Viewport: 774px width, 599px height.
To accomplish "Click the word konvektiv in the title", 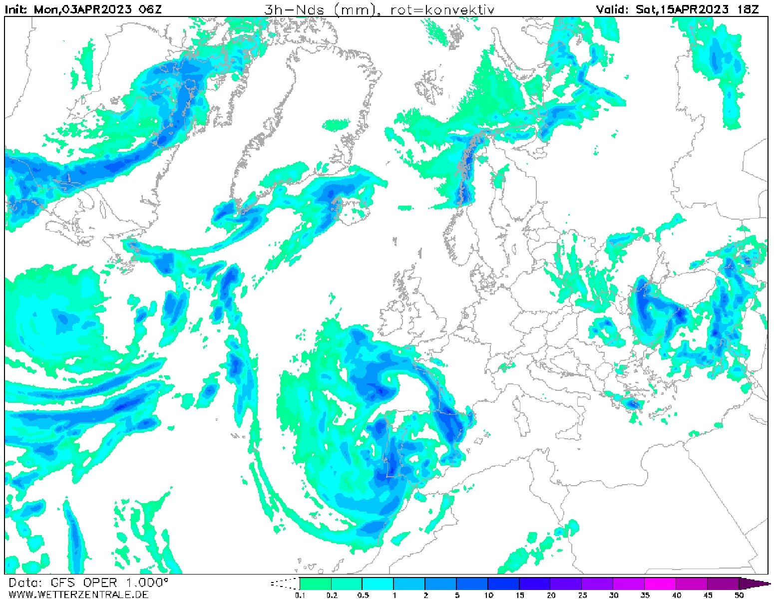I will pos(452,9).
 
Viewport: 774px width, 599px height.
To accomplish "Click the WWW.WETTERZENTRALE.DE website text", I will pos(78,594).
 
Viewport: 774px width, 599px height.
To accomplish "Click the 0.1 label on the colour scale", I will pos(300,595).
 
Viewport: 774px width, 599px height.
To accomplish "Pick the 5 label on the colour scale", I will pos(457,595).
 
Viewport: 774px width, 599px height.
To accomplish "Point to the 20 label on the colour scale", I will pos(551,595).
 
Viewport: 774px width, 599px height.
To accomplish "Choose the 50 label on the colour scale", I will pos(739,595).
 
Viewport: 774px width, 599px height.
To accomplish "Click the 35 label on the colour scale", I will pos(645,595).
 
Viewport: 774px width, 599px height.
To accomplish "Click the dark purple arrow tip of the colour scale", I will pos(757,584).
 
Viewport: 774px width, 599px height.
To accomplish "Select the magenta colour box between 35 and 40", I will pos(660,584).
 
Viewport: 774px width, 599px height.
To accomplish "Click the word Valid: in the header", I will pos(613,9).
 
